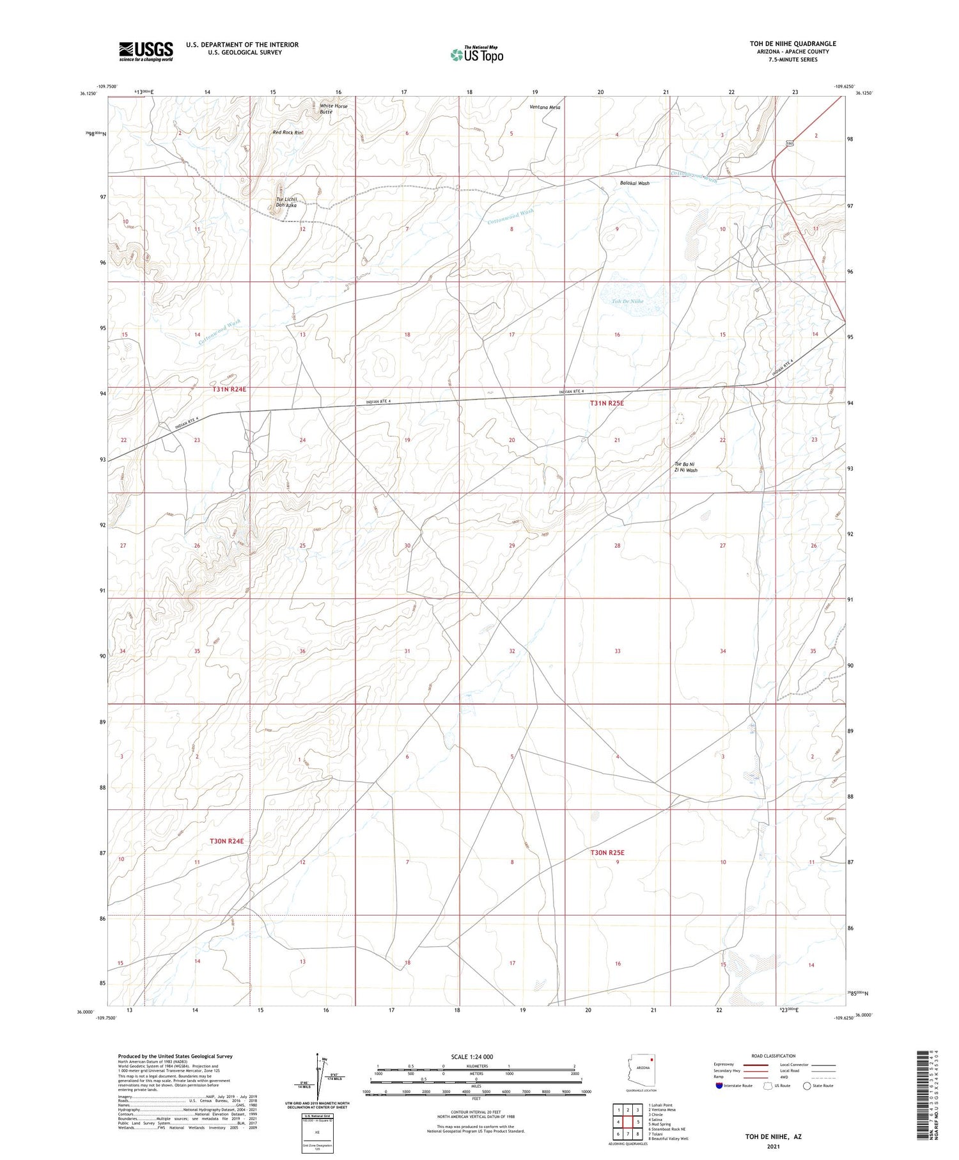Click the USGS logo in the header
click(x=146, y=51)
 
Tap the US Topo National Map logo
click(x=476, y=54)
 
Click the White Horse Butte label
click(x=333, y=108)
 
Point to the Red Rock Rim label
click(x=288, y=132)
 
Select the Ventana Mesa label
click(x=545, y=107)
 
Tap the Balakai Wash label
click(x=634, y=183)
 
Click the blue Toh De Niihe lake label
click(x=627, y=301)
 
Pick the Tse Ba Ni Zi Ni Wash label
click(x=683, y=467)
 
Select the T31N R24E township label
click(x=219, y=388)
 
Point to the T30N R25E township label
click(x=607, y=852)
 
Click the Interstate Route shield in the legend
click(x=719, y=1086)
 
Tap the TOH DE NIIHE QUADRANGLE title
click(x=793, y=44)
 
